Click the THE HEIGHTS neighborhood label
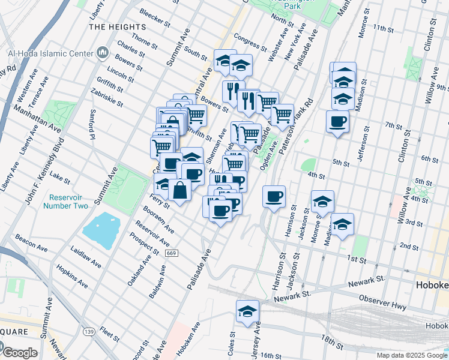click(117, 27)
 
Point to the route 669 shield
click(171, 253)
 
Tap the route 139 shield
click(89, 331)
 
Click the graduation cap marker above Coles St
click(247, 312)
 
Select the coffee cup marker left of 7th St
click(337, 122)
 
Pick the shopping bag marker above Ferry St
click(181, 191)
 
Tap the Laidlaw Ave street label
click(84, 256)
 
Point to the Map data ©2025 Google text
click(411, 355)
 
